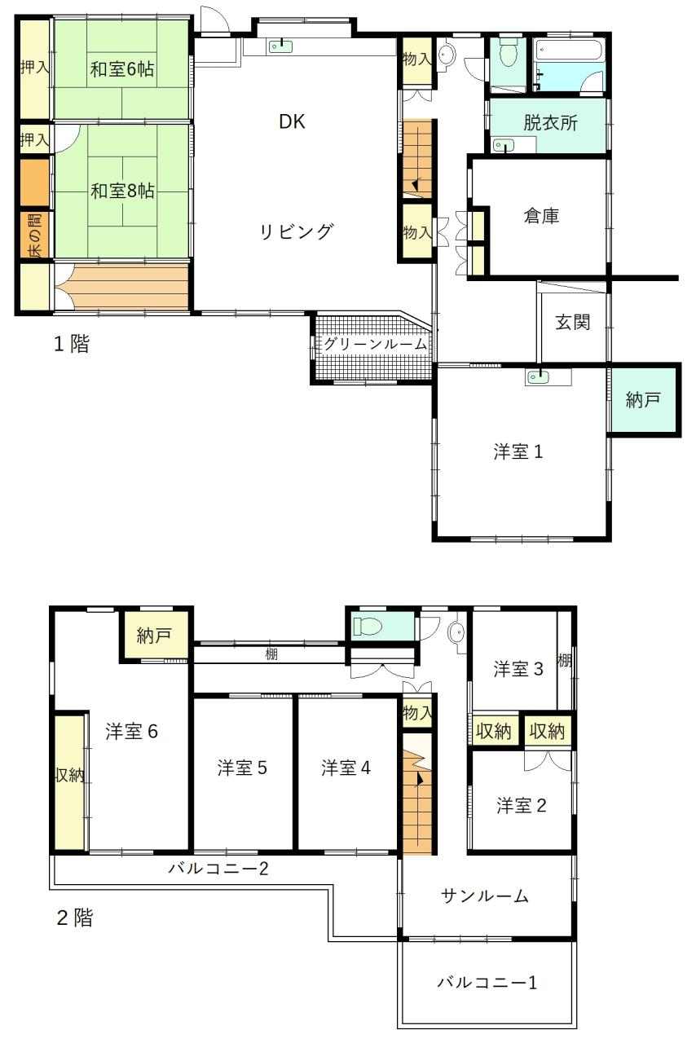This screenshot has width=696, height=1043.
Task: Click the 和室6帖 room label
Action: coord(122,69)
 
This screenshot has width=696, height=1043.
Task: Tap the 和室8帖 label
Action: coord(122,191)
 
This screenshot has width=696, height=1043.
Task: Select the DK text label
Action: coord(292,122)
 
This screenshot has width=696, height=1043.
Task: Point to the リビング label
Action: coord(297,231)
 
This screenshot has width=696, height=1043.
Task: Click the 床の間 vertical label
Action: coord(35,235)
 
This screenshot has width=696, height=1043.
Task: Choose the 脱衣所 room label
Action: coord(550,123)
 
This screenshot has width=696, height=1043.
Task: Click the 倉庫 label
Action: coord(541,217)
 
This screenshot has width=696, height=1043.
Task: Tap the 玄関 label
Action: coord(573,322)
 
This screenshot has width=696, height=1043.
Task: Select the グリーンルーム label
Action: coord(372,344)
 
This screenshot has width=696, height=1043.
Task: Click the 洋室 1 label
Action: coord(518,451)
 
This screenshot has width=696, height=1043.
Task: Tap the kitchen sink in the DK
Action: coord(280,46)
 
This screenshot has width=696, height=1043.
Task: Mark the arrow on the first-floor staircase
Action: coord(414,185)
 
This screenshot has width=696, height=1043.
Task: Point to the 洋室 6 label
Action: coord(132,732)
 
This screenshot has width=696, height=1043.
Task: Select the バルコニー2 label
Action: coord(218,869)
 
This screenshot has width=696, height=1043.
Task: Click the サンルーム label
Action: coord(485,896)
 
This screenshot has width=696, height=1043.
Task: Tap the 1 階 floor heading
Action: coord(71,344)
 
